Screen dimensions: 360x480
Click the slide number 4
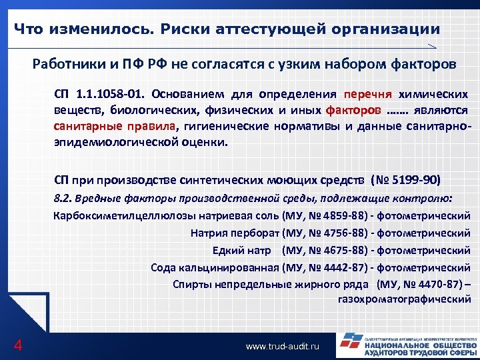(18, 345)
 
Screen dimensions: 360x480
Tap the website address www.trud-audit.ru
(283, 347)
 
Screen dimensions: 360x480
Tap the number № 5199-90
(404, 180)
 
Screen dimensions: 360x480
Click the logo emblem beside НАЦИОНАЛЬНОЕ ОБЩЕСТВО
(349, 343)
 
